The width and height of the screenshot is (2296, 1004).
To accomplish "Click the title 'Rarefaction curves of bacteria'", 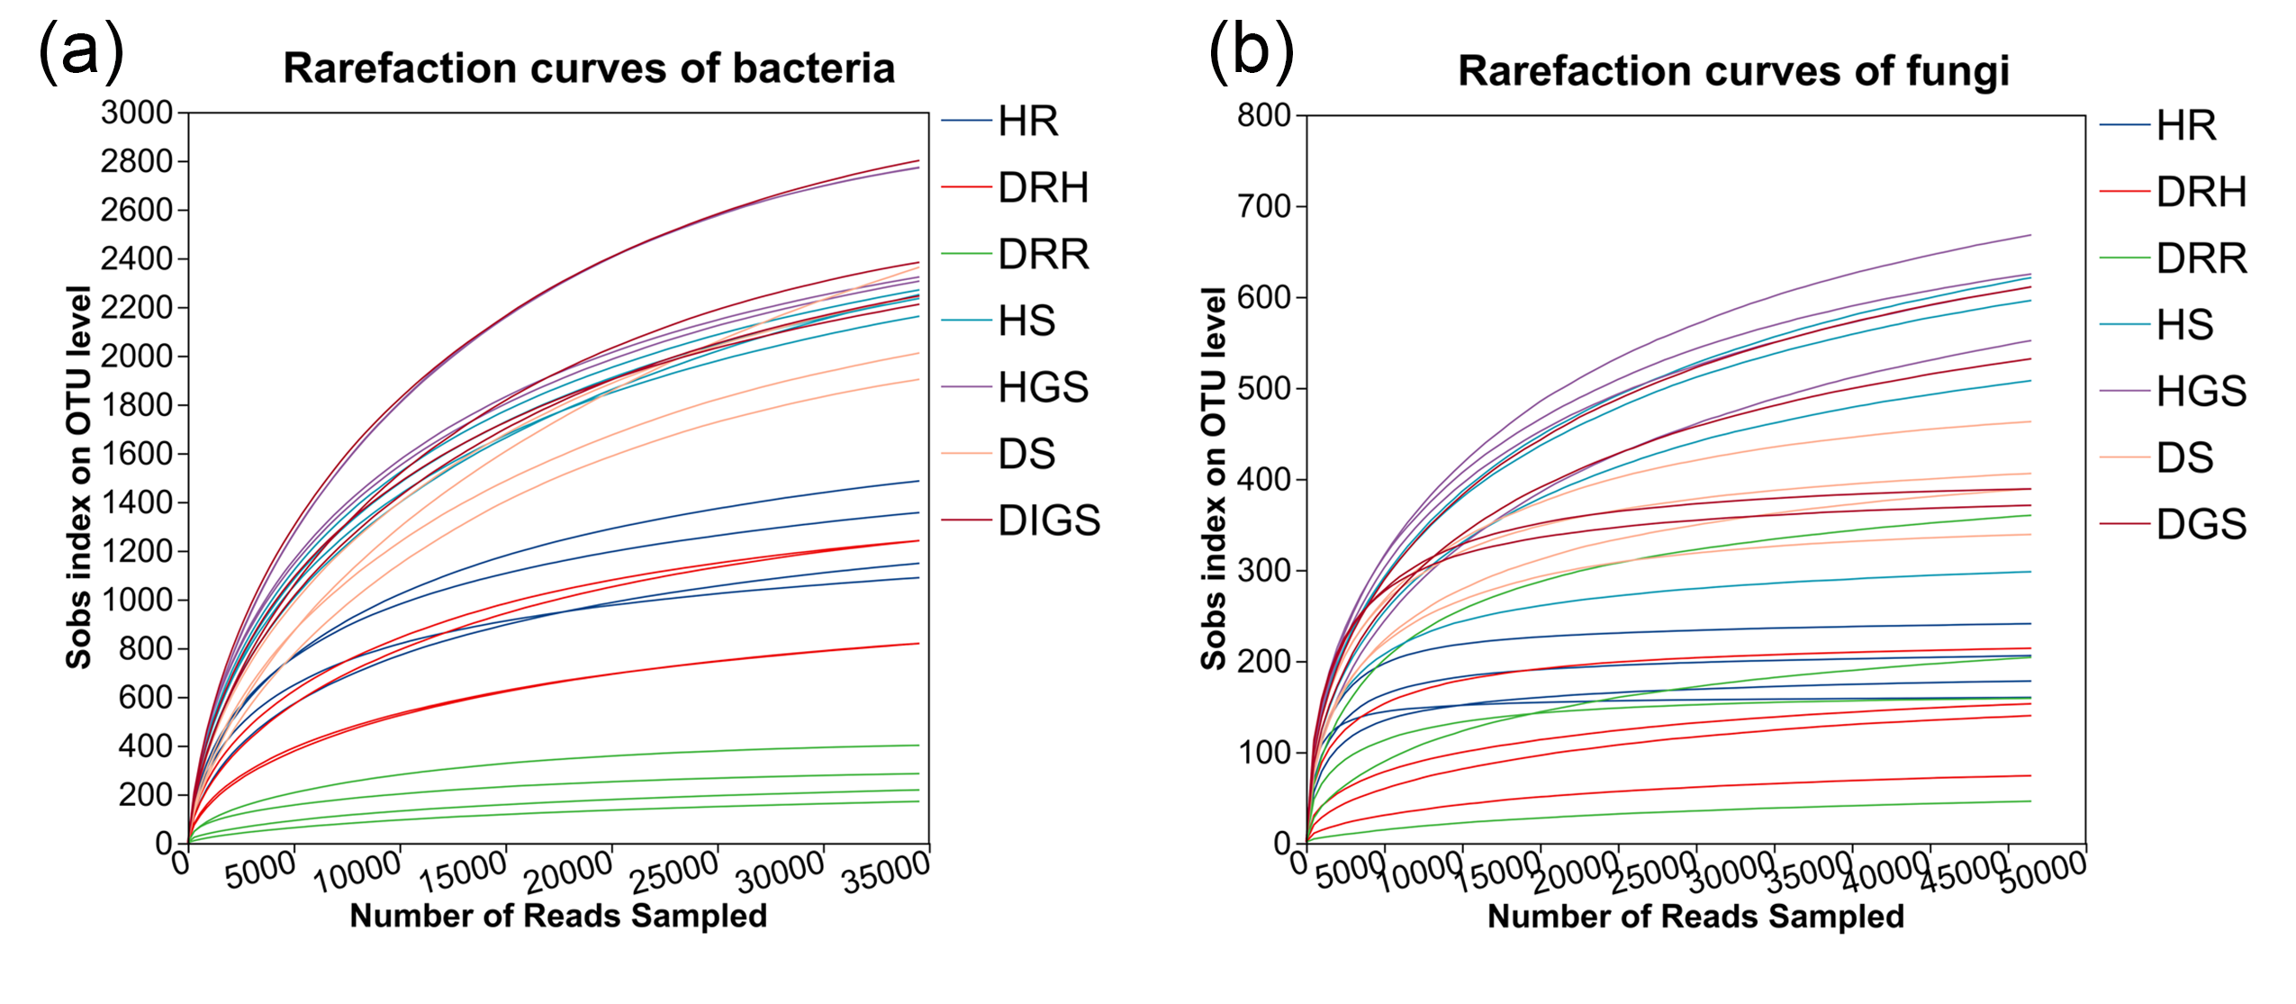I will click(589, 68).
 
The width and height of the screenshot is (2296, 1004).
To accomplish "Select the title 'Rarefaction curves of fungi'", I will click(1733, 71).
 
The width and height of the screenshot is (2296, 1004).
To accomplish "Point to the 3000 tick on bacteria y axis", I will click(137, 113).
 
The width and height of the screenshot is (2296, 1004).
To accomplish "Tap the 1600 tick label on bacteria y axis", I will click(137, 454).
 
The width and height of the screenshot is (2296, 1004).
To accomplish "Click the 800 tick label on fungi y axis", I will click(1264, 115).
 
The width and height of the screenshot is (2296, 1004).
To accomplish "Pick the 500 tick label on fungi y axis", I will click(1264, 388).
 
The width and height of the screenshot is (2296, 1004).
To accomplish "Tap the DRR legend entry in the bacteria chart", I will click(1044, 255).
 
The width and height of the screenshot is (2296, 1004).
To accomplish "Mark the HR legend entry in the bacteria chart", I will click(1028, 122).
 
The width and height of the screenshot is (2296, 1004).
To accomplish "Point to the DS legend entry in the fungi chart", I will click(2184, 458).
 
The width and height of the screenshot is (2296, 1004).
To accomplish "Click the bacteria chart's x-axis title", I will click(558, 916).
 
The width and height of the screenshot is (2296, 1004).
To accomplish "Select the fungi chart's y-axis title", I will click(1214, 478).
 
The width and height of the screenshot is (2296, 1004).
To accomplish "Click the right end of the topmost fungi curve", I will click(2030, 235).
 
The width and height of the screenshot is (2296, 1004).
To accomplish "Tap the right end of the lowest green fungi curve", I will click(2030, 801).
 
